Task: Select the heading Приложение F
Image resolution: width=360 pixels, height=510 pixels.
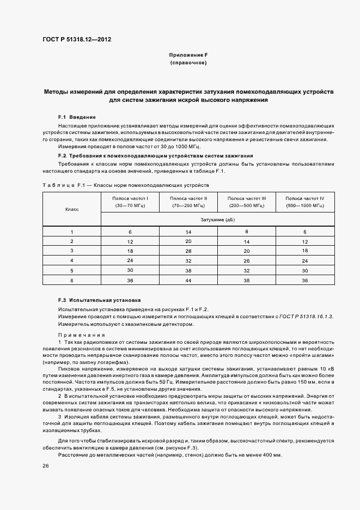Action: pyautogui.click(x=188, y=55)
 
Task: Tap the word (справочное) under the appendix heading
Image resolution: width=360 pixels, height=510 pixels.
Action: pyautogui.click(x=188, y=63)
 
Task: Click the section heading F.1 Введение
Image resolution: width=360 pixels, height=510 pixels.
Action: pyautogui.click(x=77, y=117)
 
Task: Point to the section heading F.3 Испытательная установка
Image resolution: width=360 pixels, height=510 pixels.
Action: pyautogui.click(x=99, y=300)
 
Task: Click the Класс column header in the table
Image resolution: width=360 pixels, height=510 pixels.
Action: pyautogui.click(x=72, y=209)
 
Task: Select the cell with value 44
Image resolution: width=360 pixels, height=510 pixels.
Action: pyautogui.click(x=188, y=280)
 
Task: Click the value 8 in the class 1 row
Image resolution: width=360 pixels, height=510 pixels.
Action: pyautogui.click(x=246, y=232)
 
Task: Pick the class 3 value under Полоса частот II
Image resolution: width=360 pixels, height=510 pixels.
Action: pyautogui.click(x=188, y=251)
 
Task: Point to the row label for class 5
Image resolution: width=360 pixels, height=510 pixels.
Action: pyautogui.click(x=72, y=270)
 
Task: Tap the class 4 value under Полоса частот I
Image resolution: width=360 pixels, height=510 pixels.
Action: pyautogui.click(x=130, y=260)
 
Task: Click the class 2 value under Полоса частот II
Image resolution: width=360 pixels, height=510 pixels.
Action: pyautogui.click(x=188, y=241)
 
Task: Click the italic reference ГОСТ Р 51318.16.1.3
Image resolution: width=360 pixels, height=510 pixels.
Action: pyautogui.click(x=306, y=317)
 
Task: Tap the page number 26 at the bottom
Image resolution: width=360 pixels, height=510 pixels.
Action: pyautogui.click(x=46, y=466)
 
